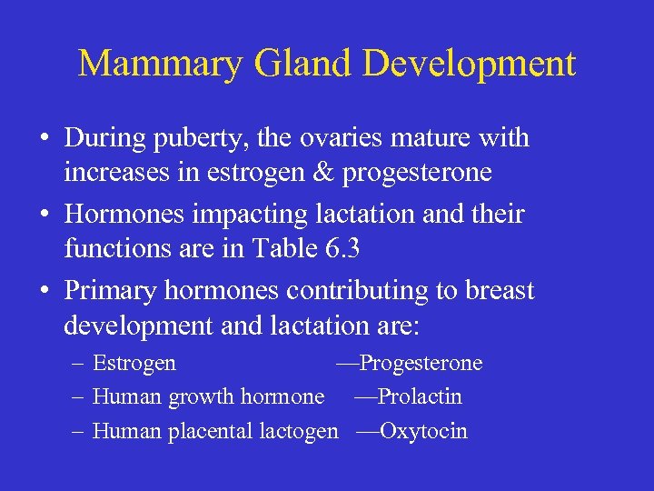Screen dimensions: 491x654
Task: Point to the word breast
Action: [x=499, y=291]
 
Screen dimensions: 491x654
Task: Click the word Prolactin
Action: [x=420, y=397]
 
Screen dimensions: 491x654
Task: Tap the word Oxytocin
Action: [x=423, y=431]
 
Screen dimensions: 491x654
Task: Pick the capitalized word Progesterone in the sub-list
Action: [x=421, y=364]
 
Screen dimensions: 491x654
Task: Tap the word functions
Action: [x=113, y=247]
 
